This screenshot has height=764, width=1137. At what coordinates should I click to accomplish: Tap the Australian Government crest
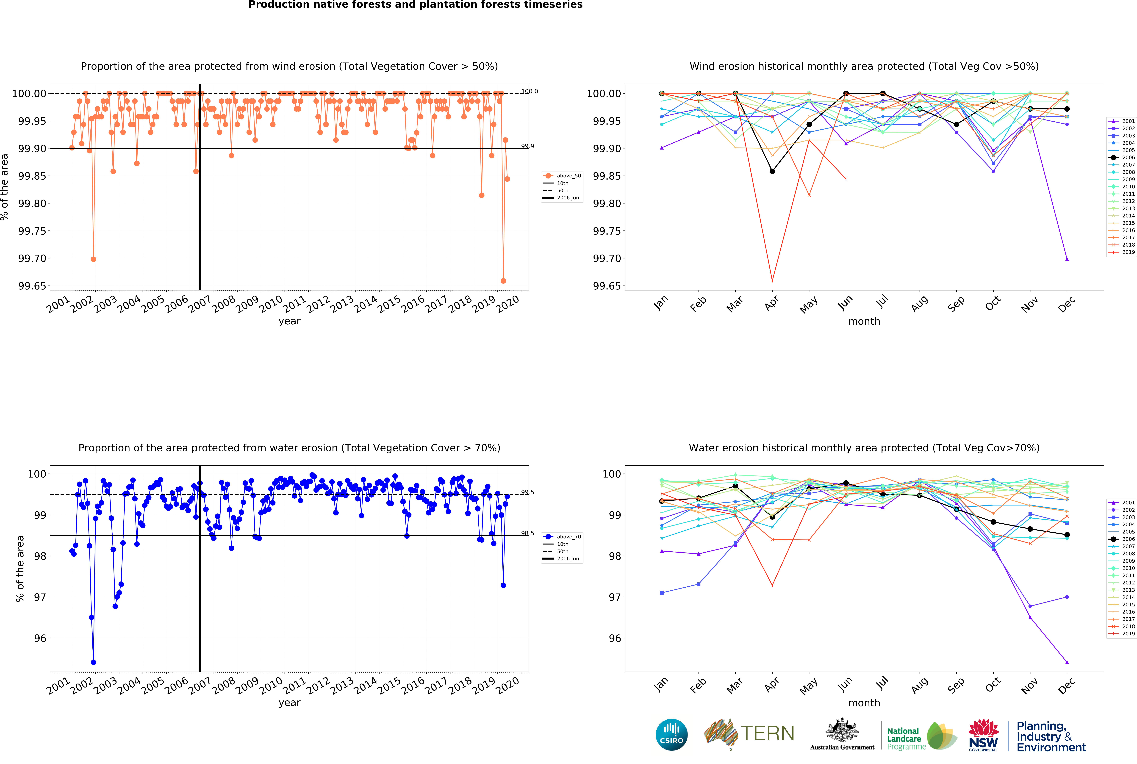click(x=842, y=731)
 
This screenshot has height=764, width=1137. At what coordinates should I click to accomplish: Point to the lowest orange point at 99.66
click(x=503, y=281)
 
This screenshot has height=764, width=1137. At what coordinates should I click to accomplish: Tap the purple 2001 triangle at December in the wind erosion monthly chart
click(x=1067, y=259)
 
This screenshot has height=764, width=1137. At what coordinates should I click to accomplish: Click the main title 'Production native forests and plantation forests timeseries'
click(x=416, y=5)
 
